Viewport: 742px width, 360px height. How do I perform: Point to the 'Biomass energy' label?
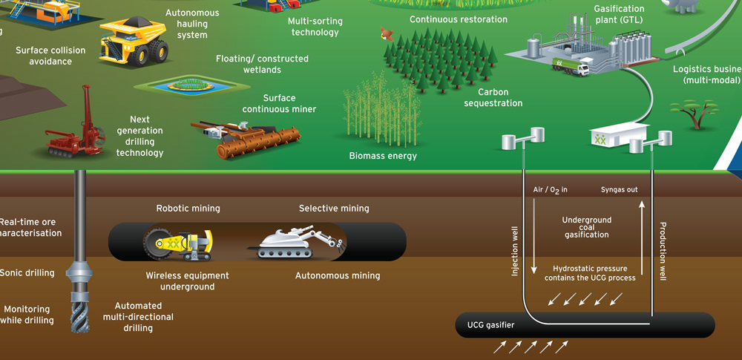point(383,156)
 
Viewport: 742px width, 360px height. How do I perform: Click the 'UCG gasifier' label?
point(491,325)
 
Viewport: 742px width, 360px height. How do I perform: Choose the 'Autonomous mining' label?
point(338,275)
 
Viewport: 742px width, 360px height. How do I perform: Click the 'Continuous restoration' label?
point(459,19)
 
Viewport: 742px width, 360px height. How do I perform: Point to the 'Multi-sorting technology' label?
point(315,27)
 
